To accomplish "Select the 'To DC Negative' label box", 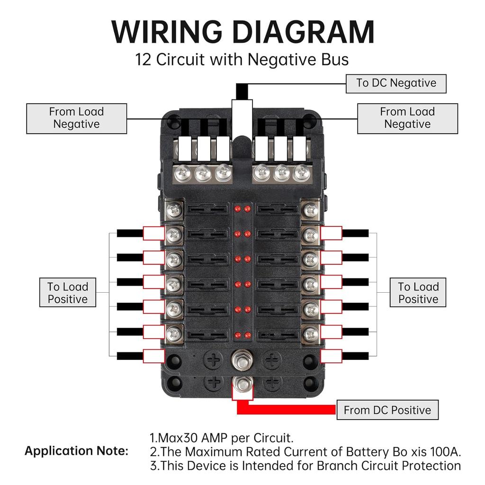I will [x=396, y=83].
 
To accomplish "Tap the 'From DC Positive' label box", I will [x=387, y=410].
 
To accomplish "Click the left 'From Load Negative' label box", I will [x=76, y=118].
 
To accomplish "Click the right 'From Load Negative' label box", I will [x=407, y=118].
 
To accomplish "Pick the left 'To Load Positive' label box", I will [x=68, y=293].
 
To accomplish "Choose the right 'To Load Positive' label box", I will [x=418, y=293].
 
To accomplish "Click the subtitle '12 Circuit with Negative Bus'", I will [x=242, y=60].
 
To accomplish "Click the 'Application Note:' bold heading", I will [x=76, y=451].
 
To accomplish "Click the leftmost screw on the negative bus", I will [x=183, y=173].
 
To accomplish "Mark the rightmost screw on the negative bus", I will [x=300, y=173].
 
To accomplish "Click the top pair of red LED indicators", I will [x=242, y=209].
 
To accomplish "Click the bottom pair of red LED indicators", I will [x=242, y=335].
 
